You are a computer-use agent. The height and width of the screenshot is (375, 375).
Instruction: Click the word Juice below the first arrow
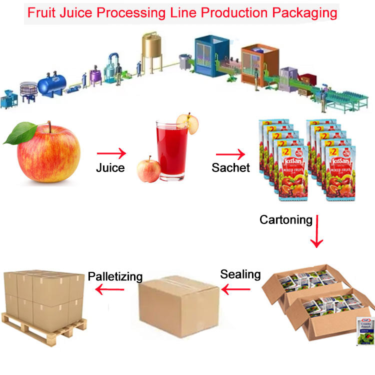pos(110,167)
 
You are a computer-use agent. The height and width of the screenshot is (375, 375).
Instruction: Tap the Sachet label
pos(230,167)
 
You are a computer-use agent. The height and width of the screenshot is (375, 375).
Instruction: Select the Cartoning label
pos(286,219)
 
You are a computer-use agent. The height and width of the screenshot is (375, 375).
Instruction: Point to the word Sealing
pos(240,274)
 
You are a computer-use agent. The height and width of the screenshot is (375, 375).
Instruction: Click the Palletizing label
pos(115,276)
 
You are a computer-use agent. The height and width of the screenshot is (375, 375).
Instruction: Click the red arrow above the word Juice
pos(111,152)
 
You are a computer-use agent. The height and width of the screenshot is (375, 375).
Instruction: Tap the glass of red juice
pos(170,148)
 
